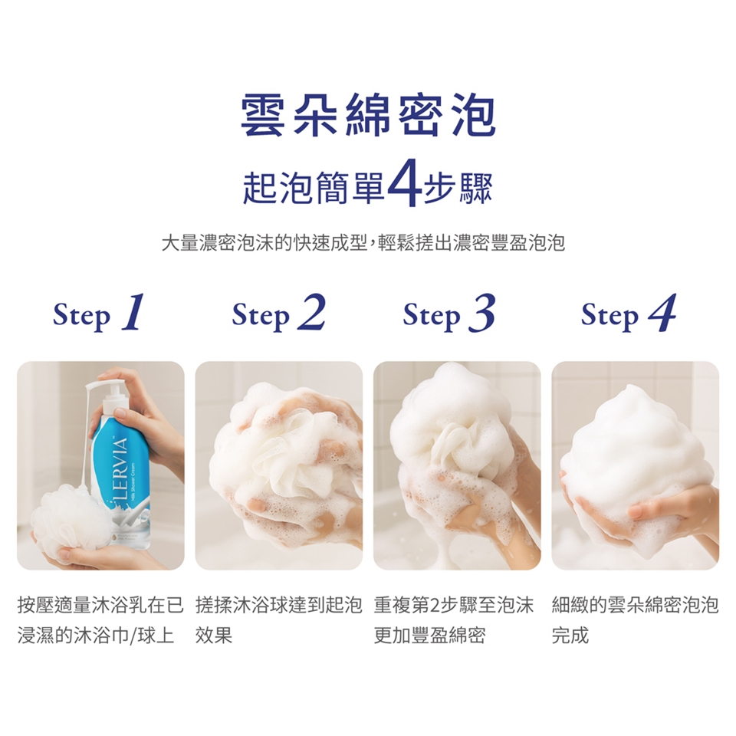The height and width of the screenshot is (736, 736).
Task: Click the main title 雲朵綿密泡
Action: tap(368, 117)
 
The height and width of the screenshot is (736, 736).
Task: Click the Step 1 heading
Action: tap(100, 314)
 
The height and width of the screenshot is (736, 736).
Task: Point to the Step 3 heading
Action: tap(449, 314)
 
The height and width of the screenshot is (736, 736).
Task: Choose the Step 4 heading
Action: tap(628, 314)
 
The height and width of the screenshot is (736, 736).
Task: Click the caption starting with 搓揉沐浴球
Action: tap(278, 606)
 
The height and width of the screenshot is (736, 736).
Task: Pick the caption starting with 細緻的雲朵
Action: tap(635, 606)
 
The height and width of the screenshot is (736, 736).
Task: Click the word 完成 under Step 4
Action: tap(570, 636)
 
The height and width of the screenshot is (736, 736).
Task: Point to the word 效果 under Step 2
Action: tap(214, 636)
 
